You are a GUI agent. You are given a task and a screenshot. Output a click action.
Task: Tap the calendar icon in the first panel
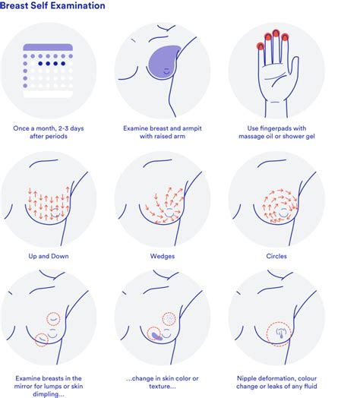pyautogui.click(x=49, y=71)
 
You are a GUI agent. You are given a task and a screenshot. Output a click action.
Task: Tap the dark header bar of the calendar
pyautogui.click(x=49, y=47)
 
